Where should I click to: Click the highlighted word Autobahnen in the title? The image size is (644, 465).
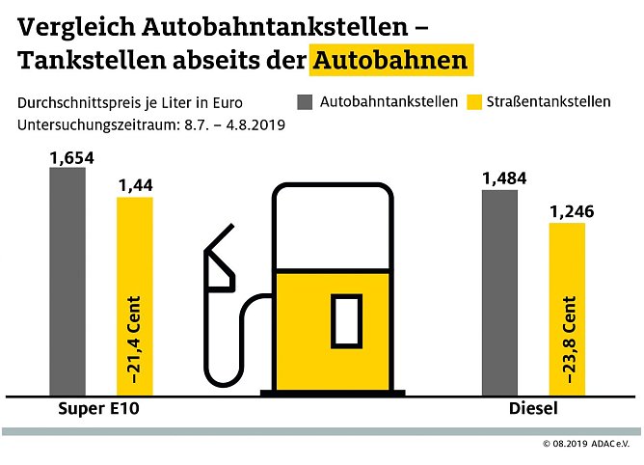point(390,60)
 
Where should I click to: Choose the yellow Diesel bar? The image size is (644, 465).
point(567,309)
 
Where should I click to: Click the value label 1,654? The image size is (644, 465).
point(67,155)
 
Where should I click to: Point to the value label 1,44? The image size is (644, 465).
point(134,184)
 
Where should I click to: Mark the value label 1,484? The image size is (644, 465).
point(499,177)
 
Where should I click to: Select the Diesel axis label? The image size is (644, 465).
point(532,409)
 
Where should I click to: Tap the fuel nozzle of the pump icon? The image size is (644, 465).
point(219,260)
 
